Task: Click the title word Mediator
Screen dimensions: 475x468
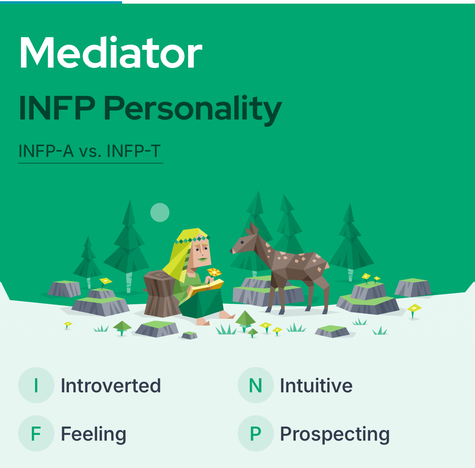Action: tap(111, 53)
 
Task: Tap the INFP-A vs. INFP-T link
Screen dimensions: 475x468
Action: tap(90, 151)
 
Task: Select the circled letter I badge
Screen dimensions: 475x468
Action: tap(36, 385)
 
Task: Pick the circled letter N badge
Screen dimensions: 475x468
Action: tap(256, 385)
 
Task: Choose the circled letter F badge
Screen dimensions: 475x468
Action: tap(36, 433)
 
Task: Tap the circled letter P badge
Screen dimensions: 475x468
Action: tap(256, 433)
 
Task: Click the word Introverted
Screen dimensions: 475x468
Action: tap(111, 386)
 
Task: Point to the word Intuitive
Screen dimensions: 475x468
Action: tap(316, 386)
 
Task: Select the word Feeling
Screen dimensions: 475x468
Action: tap(93, 435)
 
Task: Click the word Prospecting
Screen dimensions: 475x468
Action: tap(335, 435)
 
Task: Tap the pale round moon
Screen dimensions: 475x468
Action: tap(160, 212)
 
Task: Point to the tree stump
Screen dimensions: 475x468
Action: tap(161, 293)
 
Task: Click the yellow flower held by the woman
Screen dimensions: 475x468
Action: tap(214, 272)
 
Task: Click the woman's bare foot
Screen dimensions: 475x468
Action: tap(226, 315)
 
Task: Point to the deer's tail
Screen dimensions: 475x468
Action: tap(327, 265)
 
